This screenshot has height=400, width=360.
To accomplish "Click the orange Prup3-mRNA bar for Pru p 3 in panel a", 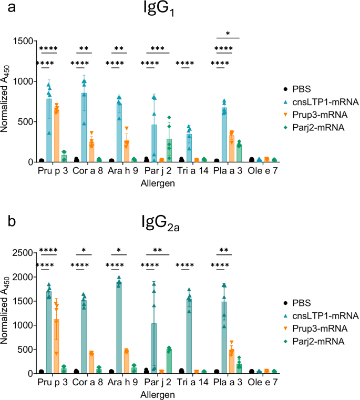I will pos(56,136).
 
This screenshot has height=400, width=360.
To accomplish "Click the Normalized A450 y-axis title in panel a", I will pos(7,101).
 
